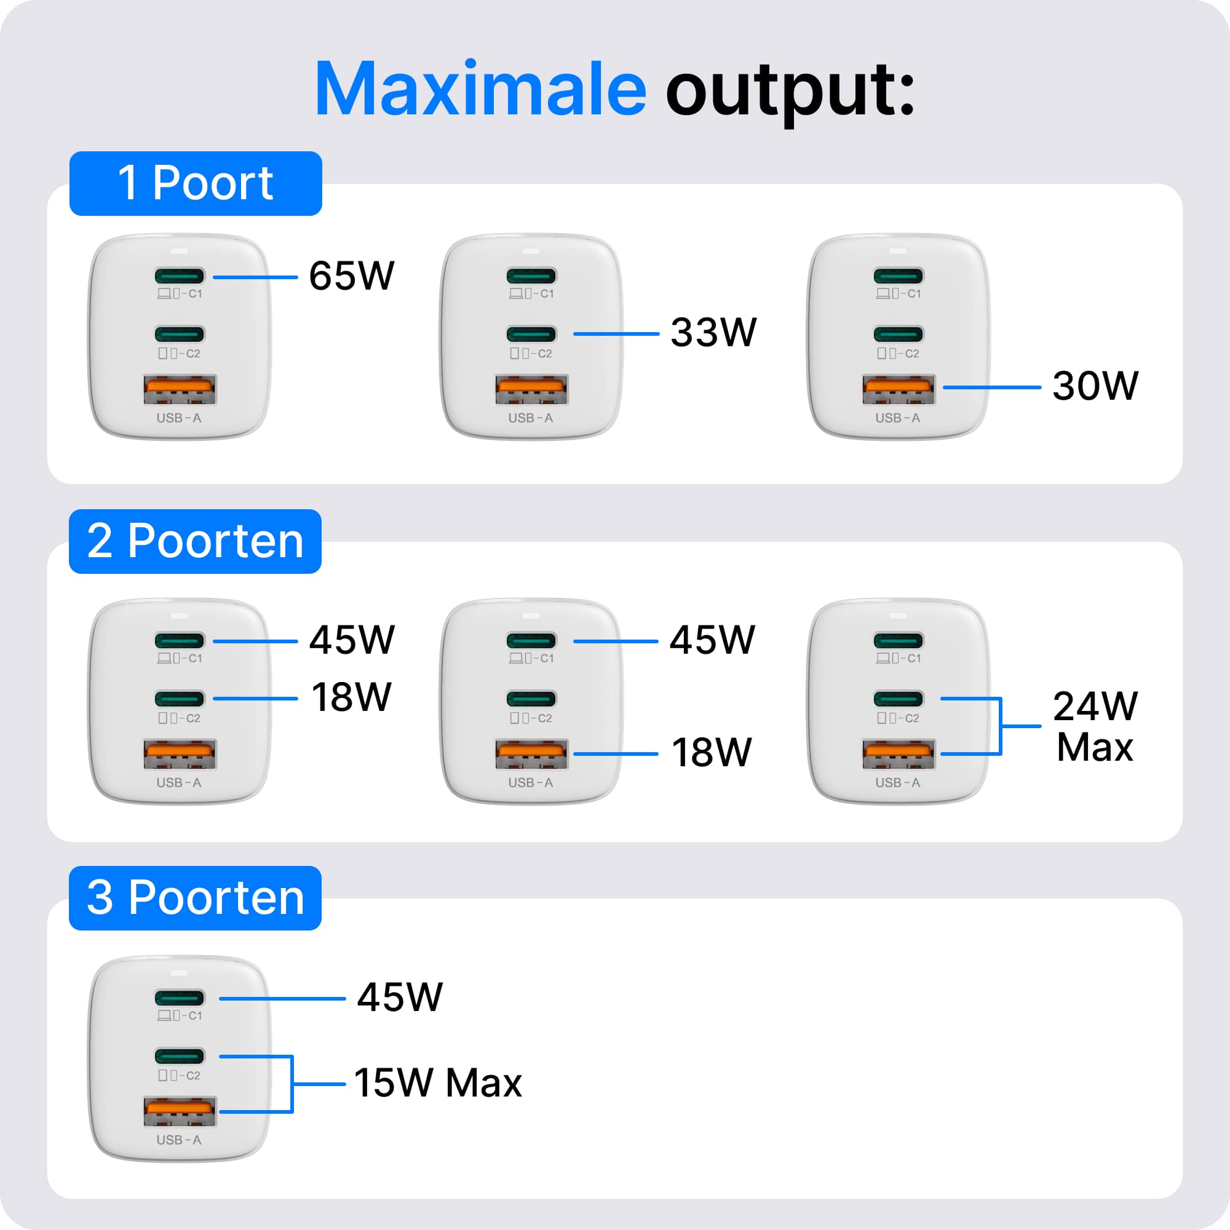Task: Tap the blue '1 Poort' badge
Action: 196,183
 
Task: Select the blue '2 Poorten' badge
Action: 195,541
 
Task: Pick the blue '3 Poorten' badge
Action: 195,899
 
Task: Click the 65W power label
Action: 351,276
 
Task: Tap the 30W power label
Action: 1095,386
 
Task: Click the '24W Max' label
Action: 1095,726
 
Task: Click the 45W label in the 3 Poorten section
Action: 400,997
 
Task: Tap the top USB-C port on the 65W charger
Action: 180,276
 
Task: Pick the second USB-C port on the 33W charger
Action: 531,333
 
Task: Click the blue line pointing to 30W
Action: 991,387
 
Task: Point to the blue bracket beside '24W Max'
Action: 1001,726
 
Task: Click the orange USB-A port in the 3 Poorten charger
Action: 180,1111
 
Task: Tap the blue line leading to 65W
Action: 255,277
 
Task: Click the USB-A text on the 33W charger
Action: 530,418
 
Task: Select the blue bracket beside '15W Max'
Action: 292,1084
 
